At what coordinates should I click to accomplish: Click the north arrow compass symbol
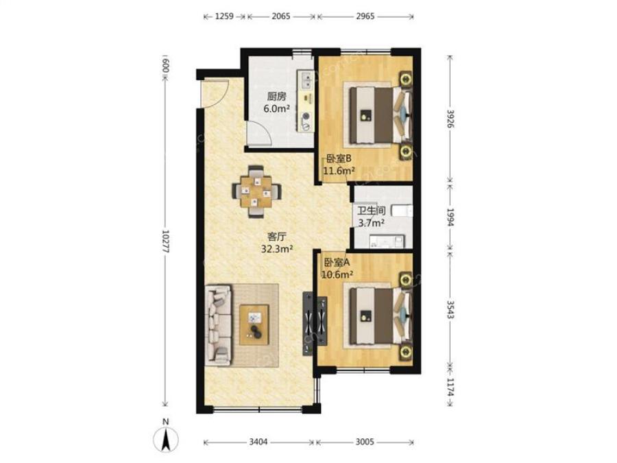tap(166, 438)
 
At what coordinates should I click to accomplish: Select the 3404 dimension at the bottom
tap(258, 442)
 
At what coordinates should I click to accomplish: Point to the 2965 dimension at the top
tap(365, 16)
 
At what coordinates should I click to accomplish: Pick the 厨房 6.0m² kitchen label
tap(277, 102)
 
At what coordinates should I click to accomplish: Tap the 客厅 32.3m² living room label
tap(277, 243)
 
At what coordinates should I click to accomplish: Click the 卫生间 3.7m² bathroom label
tap(371, 217)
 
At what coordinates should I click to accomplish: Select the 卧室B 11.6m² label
tap(339, 165)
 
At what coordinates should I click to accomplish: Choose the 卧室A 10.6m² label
tap(337, 268)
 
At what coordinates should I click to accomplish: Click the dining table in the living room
tap(256, 191)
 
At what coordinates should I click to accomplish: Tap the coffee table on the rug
tap(254, 325)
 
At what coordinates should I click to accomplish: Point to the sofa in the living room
tap(218, 325)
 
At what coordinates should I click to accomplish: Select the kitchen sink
tap(305, 80)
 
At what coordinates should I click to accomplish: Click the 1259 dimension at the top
tap(224, 16)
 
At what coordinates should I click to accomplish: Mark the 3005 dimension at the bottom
tap(365, 442)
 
